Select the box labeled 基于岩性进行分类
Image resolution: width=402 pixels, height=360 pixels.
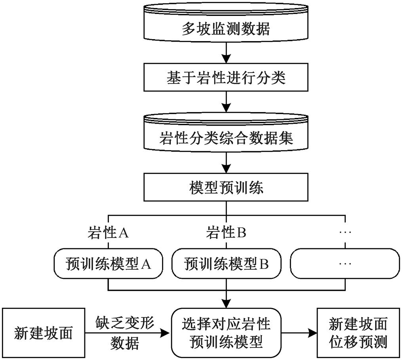coord(226,78)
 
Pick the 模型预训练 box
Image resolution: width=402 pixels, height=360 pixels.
coord(226,188)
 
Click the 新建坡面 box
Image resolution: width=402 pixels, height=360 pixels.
coord(43,333)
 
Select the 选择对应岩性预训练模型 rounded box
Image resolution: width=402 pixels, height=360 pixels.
coord(226,333)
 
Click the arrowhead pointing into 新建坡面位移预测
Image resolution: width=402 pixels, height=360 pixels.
coord(313,333)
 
